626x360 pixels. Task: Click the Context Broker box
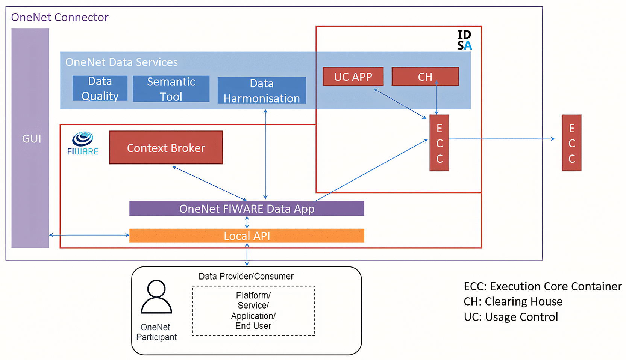[x=166, y=147]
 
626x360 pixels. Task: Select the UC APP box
[x=353, y=76]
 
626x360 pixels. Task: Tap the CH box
[x=425, y=76]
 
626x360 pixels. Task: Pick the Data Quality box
[x=100, y=88]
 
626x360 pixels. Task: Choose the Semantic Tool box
[x=171, y=89]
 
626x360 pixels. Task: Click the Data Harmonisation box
[x=262, y=91]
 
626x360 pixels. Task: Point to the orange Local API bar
[x=247, y=236]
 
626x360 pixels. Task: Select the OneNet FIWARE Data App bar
[x=247, y=208]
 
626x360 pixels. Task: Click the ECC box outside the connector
[x=571, y=143]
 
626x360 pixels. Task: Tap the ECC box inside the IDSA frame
[x=439, y=143]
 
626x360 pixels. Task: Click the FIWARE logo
[x=83, y=143]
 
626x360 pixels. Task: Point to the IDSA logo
[x=464, y=40]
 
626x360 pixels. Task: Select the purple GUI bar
[x=30, y=138]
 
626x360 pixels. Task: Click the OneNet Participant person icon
[x=156, y=296]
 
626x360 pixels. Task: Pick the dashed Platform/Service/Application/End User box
[x=253, y=310]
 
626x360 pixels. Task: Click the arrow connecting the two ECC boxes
[x=502, y=139]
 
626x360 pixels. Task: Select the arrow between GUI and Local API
[x=89, y=235]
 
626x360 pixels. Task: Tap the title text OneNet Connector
[x=59, y=17]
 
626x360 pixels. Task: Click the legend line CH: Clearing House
[x=513, y=302]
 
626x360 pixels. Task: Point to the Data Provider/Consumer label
[x=246, y=276]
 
